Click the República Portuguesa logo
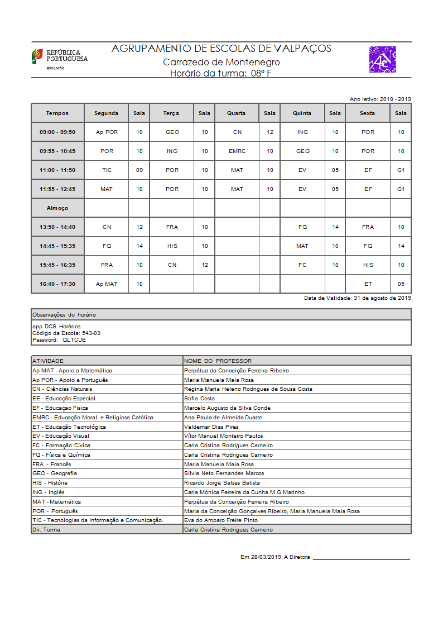pos(60,59)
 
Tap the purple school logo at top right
pos(382,60)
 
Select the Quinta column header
pos(302,113)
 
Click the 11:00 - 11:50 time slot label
pos(57,170)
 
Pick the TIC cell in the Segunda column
pos(107,170)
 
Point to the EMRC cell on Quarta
pos(237,151)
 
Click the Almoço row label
pos(57,208)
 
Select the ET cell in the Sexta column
pos(368,284)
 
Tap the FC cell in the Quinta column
pos(302,265)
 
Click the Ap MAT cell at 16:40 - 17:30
pos(107,284)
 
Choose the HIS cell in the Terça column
pos(172,246)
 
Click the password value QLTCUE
pos(74,339)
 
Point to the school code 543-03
pos(91,333)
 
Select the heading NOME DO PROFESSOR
pos(218,361)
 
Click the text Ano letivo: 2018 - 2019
pos(381,99)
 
